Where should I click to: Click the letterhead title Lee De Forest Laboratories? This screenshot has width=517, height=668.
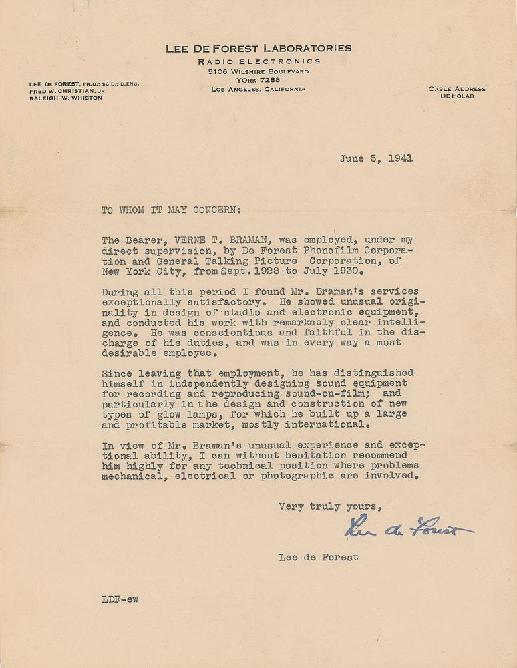click(x=258, y=48)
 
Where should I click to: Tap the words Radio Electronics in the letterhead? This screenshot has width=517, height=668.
click(x=258, y=61)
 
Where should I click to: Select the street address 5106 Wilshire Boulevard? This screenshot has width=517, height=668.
click(x=258, y=71)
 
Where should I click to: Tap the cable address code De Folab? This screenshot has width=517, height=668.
click(x=457, y=97)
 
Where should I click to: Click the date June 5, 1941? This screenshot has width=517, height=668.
click(x=376, y=159)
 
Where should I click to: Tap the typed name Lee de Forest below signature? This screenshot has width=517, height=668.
click(x=319, y=557)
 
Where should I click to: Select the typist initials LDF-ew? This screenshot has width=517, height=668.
click(x=120, y=599)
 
